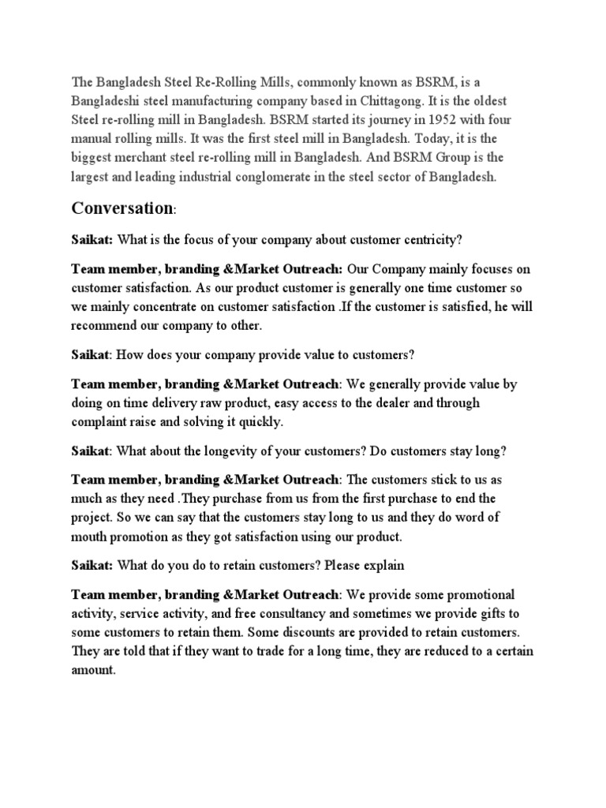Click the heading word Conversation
tap(122, 208)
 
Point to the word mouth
tap(89, 537)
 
